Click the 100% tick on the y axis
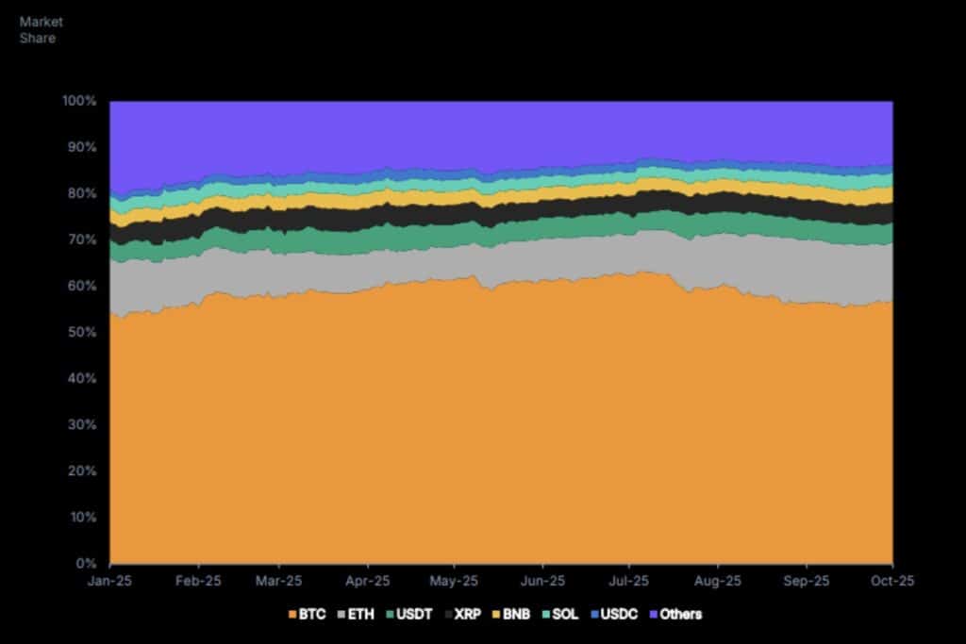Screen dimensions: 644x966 [80, 101]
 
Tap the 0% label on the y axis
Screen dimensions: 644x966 [87, 564]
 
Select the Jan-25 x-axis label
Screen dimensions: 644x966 [110, 581]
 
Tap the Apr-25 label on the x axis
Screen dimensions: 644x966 [368, 581]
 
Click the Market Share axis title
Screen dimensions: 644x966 [38, 29]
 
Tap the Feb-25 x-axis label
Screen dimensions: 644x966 [197, 581]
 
